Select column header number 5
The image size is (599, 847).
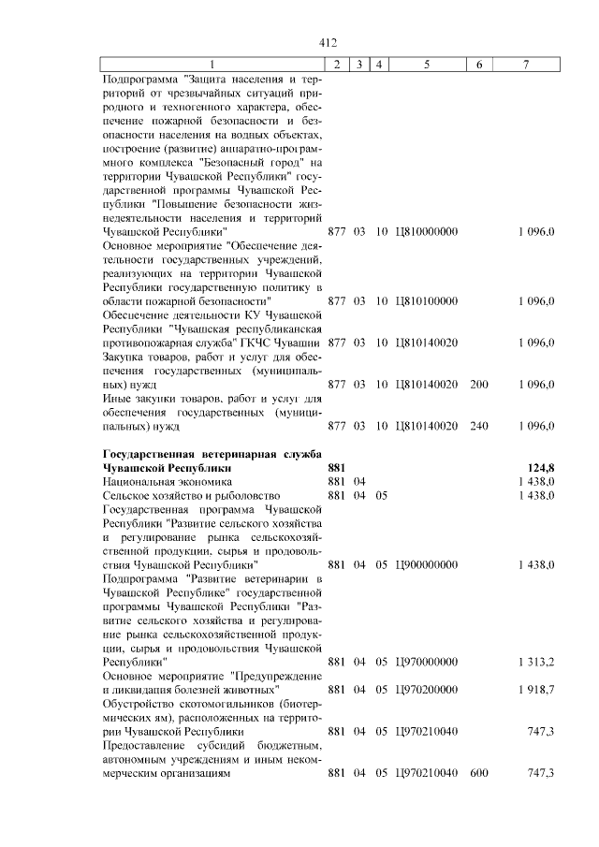pyautogui.click(x=426, y=65)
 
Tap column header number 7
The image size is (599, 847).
pyautogui.click(x=526, y=65)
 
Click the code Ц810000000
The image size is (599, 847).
pyautogui.click(x=427, y=230)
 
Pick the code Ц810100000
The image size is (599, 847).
pyautogui.click(x=427, y=300)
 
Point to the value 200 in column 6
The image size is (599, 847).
pyautogui.click(x=479, y=385)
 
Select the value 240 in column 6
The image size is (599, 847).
pyautogui.click(x=479, y=427)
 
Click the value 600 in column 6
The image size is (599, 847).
pyautogui.click(x=479, y=773)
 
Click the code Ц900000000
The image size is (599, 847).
pyautogui.click(x=427, y=564)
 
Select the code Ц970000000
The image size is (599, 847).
pyautogui.click(x=427, y=662)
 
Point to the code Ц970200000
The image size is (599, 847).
pyautogui.click(x=427, y=690)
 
